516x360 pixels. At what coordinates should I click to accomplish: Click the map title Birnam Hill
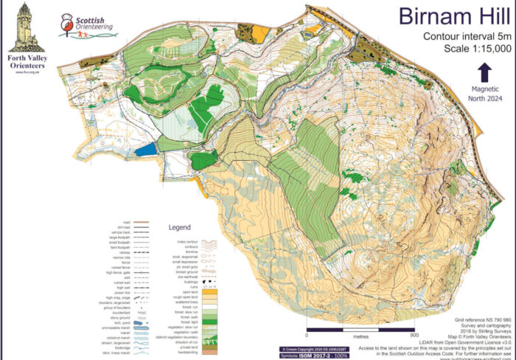click(454, 17)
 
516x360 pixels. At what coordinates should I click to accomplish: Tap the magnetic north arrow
click(485, 72)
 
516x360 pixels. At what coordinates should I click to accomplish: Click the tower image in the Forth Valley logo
click(26, 22)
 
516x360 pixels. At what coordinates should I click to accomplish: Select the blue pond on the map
click(146, 148)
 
